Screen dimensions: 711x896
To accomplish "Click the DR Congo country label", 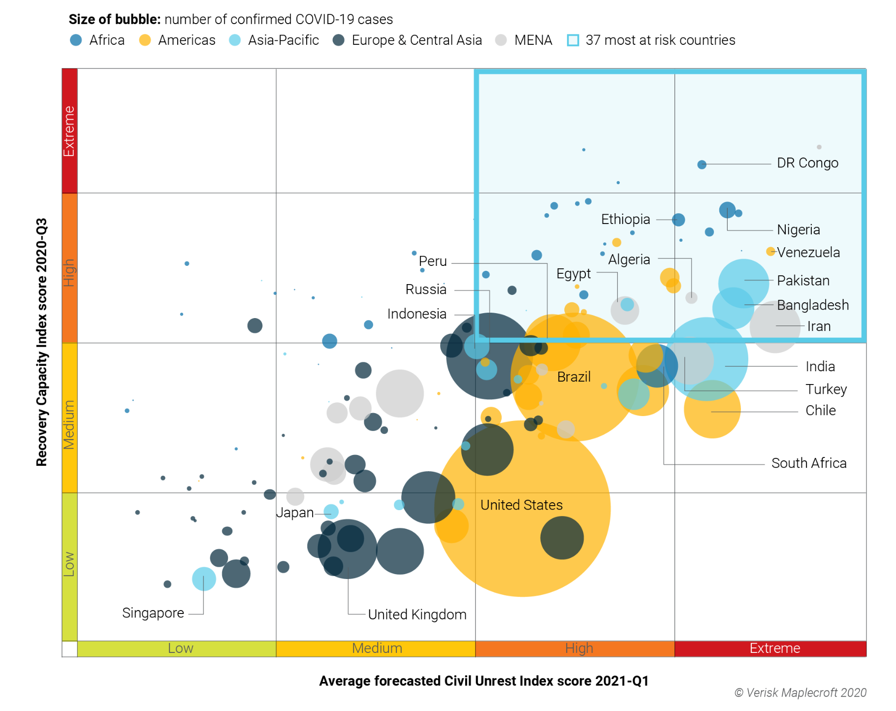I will click(807, 163).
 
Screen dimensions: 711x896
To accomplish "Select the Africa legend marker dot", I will click(76, 40).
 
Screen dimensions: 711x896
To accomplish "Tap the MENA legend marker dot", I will click(501, 40).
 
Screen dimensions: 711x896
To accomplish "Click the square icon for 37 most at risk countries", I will click(573, 40).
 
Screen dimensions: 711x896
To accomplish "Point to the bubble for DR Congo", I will click(702, 164).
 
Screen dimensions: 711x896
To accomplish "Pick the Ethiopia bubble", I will click(678, 220).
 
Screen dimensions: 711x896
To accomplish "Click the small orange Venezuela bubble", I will click(770, 252).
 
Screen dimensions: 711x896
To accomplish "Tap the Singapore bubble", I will click(204, 579).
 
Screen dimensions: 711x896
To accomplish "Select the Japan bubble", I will click(331, 512).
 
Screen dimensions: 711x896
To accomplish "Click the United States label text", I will click(521, 505).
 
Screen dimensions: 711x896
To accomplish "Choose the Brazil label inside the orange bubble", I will click(574, 377).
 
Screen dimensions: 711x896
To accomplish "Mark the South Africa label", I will click(808, 463).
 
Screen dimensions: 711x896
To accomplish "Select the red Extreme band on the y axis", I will click(69, 131).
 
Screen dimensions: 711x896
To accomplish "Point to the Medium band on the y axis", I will click(69, 418).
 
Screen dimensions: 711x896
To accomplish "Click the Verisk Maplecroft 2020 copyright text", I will click(800, 693).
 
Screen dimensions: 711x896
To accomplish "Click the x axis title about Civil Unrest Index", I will click(483, 681).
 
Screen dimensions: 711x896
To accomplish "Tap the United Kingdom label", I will click(417, 614).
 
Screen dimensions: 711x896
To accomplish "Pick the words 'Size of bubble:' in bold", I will click(114, 19).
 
